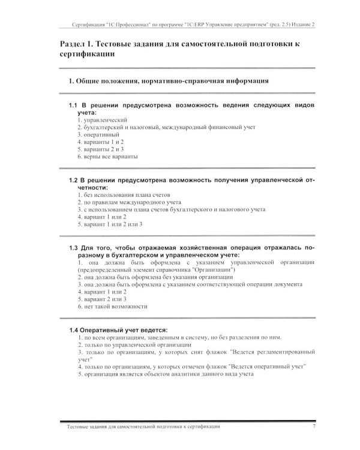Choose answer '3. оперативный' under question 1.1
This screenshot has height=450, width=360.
point(98,134)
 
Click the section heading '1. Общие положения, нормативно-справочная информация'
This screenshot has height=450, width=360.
point(169,80)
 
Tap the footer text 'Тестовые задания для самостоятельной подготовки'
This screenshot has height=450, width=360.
point(132,426)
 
